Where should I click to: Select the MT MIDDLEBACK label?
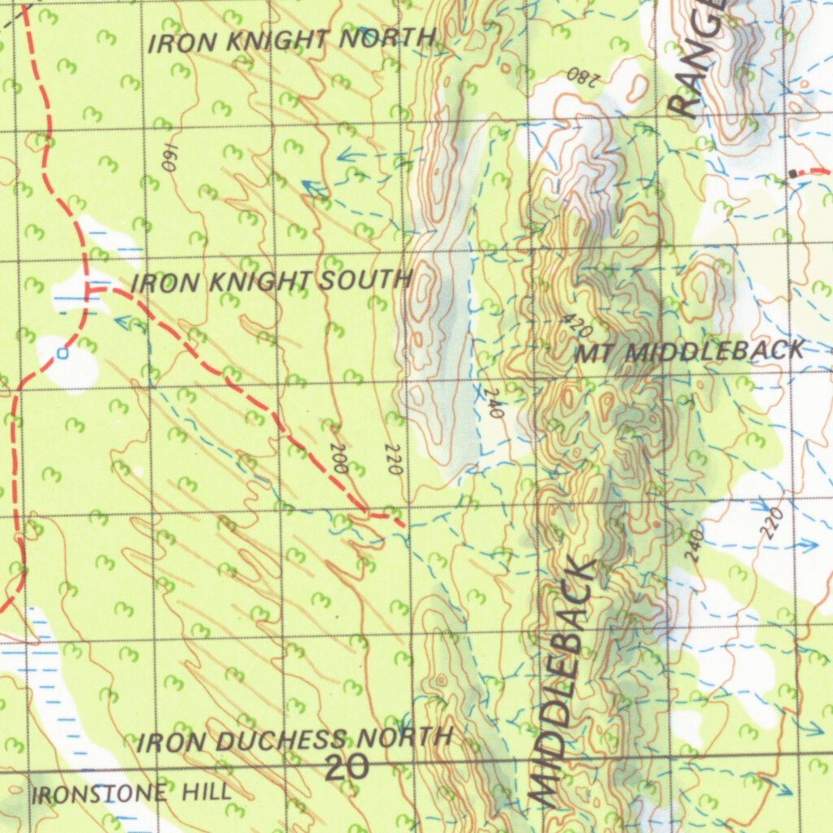(x=690, y=352)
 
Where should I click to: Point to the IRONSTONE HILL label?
(x=131, y=793)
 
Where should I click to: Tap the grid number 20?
(x=347, y=767)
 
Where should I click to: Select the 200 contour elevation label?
(x=340, y=459)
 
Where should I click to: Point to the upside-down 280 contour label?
(x=582, y=77)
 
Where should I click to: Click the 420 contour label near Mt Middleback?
(x=577, y=326)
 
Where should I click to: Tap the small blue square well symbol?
(x=63, y=353)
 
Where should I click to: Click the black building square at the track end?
(x=793, y=173)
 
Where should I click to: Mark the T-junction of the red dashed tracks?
(x=88, y=288)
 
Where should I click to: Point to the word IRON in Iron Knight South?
(x=164, y=284)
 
